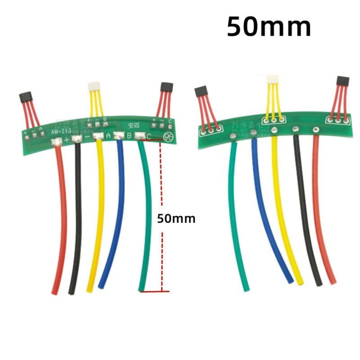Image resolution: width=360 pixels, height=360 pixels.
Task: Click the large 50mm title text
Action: [x=269, y=27]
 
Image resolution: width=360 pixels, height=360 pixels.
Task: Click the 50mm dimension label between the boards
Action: [x=176, y=219]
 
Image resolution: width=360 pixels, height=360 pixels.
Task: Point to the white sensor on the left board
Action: [x=94, y=85]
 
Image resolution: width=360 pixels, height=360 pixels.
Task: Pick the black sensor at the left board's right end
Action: [x=166, y=87]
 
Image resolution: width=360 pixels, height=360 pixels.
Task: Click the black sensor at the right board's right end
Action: [x=343, y=81]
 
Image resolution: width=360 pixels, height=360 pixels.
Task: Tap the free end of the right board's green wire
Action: [x=246, y=288]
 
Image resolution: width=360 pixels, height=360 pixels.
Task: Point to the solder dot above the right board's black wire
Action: [x=296, y=130]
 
